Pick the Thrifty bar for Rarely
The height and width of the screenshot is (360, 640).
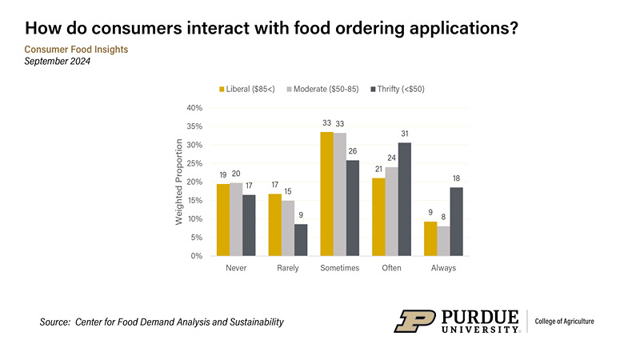(x=301, y=240)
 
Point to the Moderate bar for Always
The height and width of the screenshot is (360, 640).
(x=443, y=241)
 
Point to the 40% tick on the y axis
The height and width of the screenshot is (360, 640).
(x=194, y=108)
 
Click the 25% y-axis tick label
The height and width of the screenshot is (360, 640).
(x=194, y=163)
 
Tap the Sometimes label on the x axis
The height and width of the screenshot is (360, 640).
(x=340, y=268)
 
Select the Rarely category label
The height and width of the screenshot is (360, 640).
(x=288, y=268)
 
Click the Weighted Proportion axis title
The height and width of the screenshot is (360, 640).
(x=179, y=182)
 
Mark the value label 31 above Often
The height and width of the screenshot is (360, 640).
(x=405, y=132)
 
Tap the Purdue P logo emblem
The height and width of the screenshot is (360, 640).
(x=414, y=322)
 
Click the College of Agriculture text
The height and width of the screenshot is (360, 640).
(x=564, y=322)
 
